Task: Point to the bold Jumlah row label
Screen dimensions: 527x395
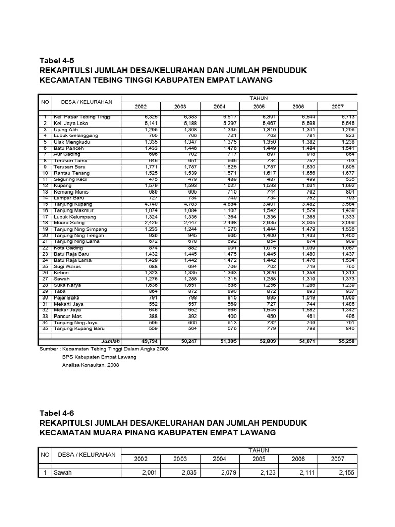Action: [x=110, y=341]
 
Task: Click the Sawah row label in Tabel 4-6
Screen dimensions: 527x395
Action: [x=63, y=473]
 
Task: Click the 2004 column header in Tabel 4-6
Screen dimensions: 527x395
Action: [x=219, y=459]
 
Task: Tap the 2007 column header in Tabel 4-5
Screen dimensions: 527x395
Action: [x=337, y=107]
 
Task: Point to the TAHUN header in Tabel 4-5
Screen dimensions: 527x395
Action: [x=259, y=98]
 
